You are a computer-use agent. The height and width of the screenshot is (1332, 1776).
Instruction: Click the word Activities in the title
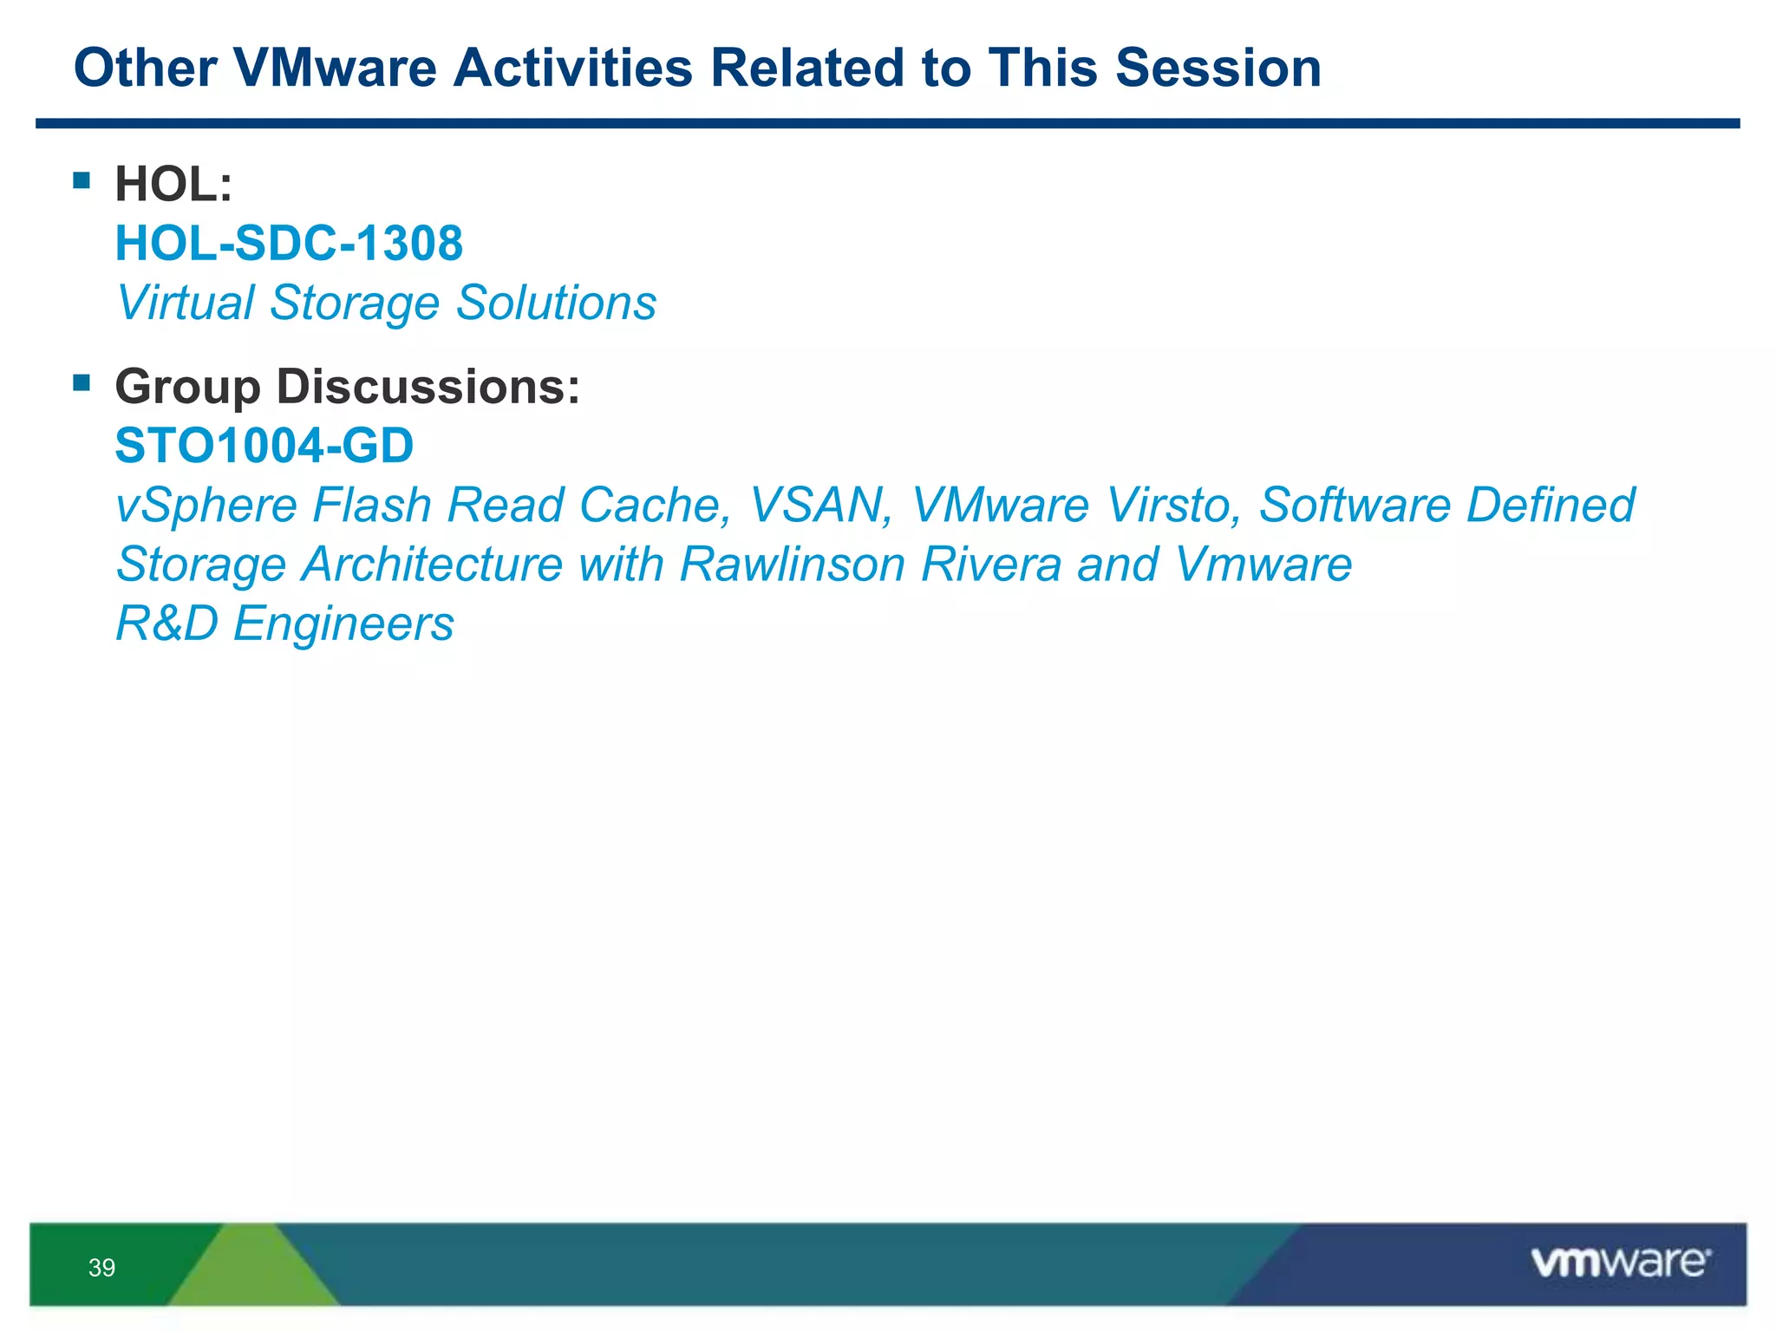click(x=572, y=68)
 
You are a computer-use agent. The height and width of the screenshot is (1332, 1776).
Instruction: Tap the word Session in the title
click(x=1218, y=68)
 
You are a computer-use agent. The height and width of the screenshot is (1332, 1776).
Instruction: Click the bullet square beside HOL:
click(x=82, y=180)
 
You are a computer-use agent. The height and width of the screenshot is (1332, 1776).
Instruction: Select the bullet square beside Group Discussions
click(x=82, y=382)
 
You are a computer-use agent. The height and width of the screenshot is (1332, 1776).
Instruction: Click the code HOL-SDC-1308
click(x=289, y=244)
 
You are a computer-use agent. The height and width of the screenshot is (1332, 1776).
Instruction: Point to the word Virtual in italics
click(x=185, y=303)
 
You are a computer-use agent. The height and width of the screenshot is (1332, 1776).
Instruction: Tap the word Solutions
click(x=556, y=303)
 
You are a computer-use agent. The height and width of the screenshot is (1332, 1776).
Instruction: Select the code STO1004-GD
click(x=264, y=446)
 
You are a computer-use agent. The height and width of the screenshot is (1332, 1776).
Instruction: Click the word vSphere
click(x=206, y=506)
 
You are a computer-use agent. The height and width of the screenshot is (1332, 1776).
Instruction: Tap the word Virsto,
click(x=1172, y=506)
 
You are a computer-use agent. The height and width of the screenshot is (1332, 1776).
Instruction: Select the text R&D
click(x=166, y=624)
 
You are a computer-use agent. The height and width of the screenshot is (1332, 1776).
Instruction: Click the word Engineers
click(x=343, y=624)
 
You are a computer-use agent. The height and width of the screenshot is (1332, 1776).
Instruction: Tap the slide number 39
click(x=101, y=1268)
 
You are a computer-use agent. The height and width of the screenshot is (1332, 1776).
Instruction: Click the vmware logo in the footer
click(x=1620, y=1263)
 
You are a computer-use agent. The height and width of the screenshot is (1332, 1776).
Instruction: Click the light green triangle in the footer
click(x=253, y=1271)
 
